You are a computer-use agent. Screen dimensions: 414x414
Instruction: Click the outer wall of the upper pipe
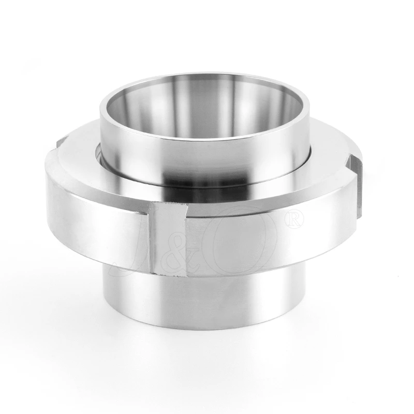207,155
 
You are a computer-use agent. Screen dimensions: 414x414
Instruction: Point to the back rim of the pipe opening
207,76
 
